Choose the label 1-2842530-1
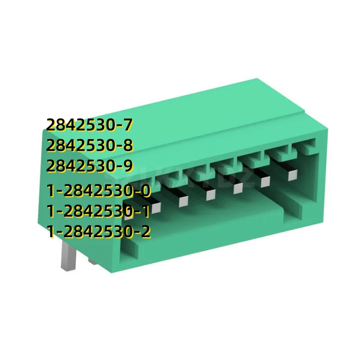pos(98,211)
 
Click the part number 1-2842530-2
pos(98,232)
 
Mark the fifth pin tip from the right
pos(183,201)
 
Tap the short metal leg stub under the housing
pos(91,261)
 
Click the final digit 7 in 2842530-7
pos(130,124)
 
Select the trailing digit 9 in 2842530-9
pos(129,166)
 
